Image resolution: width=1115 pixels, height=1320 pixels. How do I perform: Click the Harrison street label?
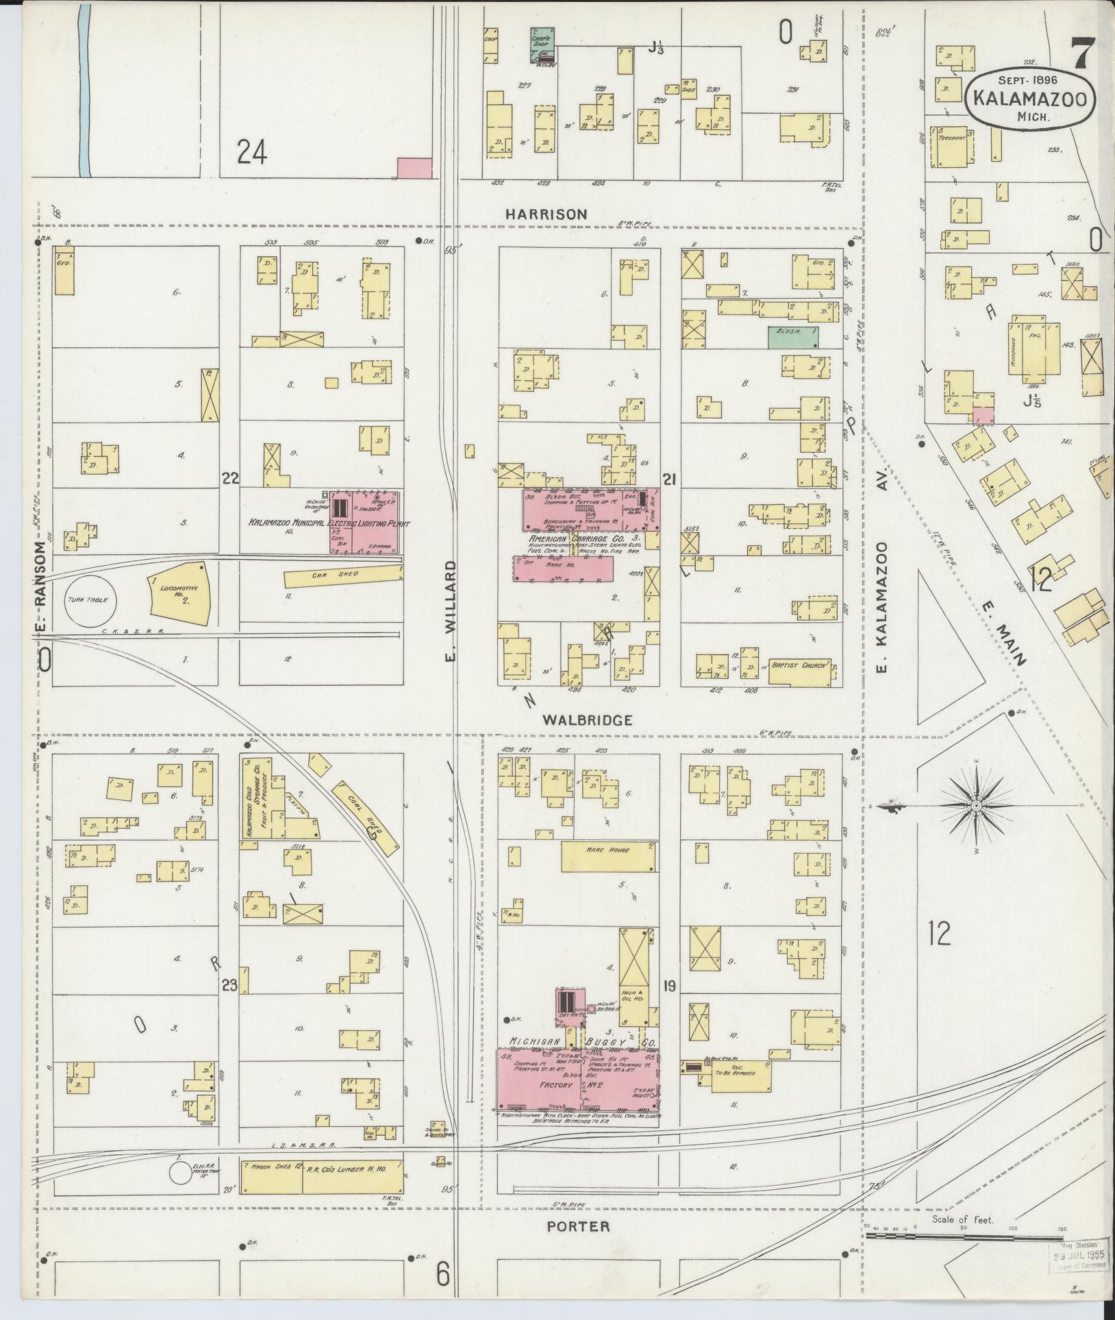click(x=546, y=214)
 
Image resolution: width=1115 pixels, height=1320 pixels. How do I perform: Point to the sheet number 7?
click(x=1083, y=54)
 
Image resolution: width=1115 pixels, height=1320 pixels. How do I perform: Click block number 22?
click(x=229, y=478)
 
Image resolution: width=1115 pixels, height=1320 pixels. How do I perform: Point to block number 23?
click(x=229, y=986)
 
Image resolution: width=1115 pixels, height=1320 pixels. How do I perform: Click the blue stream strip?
click(x=84, y=89)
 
